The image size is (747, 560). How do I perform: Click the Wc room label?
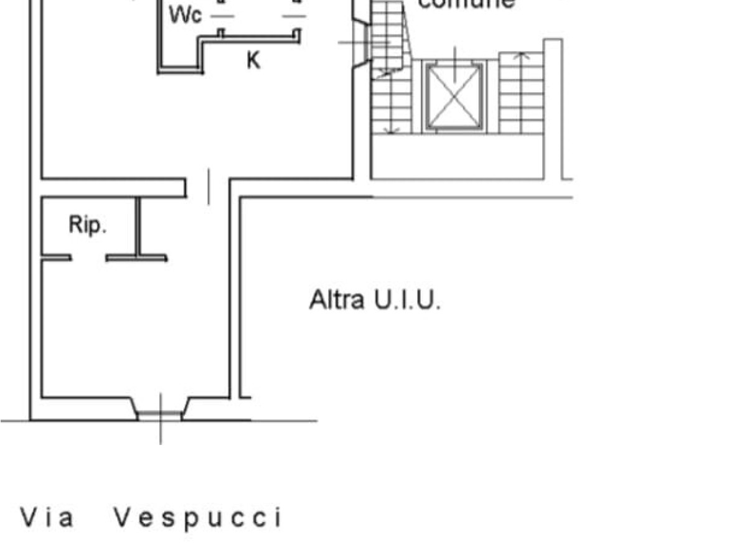coord(186,16)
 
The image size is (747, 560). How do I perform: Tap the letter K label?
coord(253,61)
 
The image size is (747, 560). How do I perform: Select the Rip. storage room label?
coord(88,225)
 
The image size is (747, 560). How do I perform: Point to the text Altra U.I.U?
coord(375,301)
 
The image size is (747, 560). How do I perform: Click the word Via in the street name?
coord(48,518)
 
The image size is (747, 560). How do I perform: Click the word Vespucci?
coord(198,518)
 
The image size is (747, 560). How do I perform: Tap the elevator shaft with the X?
coord(454,96)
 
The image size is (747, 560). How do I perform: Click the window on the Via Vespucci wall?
coord(161,414)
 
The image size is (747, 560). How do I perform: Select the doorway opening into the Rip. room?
coord(88,258)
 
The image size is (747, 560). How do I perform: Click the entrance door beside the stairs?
coord(361,42)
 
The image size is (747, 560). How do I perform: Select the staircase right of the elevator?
coord(522,93)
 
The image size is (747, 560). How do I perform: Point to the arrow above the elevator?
coord(455,62)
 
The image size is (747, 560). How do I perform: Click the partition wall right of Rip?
coord(138,226)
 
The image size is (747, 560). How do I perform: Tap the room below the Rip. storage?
coord(134,330)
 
